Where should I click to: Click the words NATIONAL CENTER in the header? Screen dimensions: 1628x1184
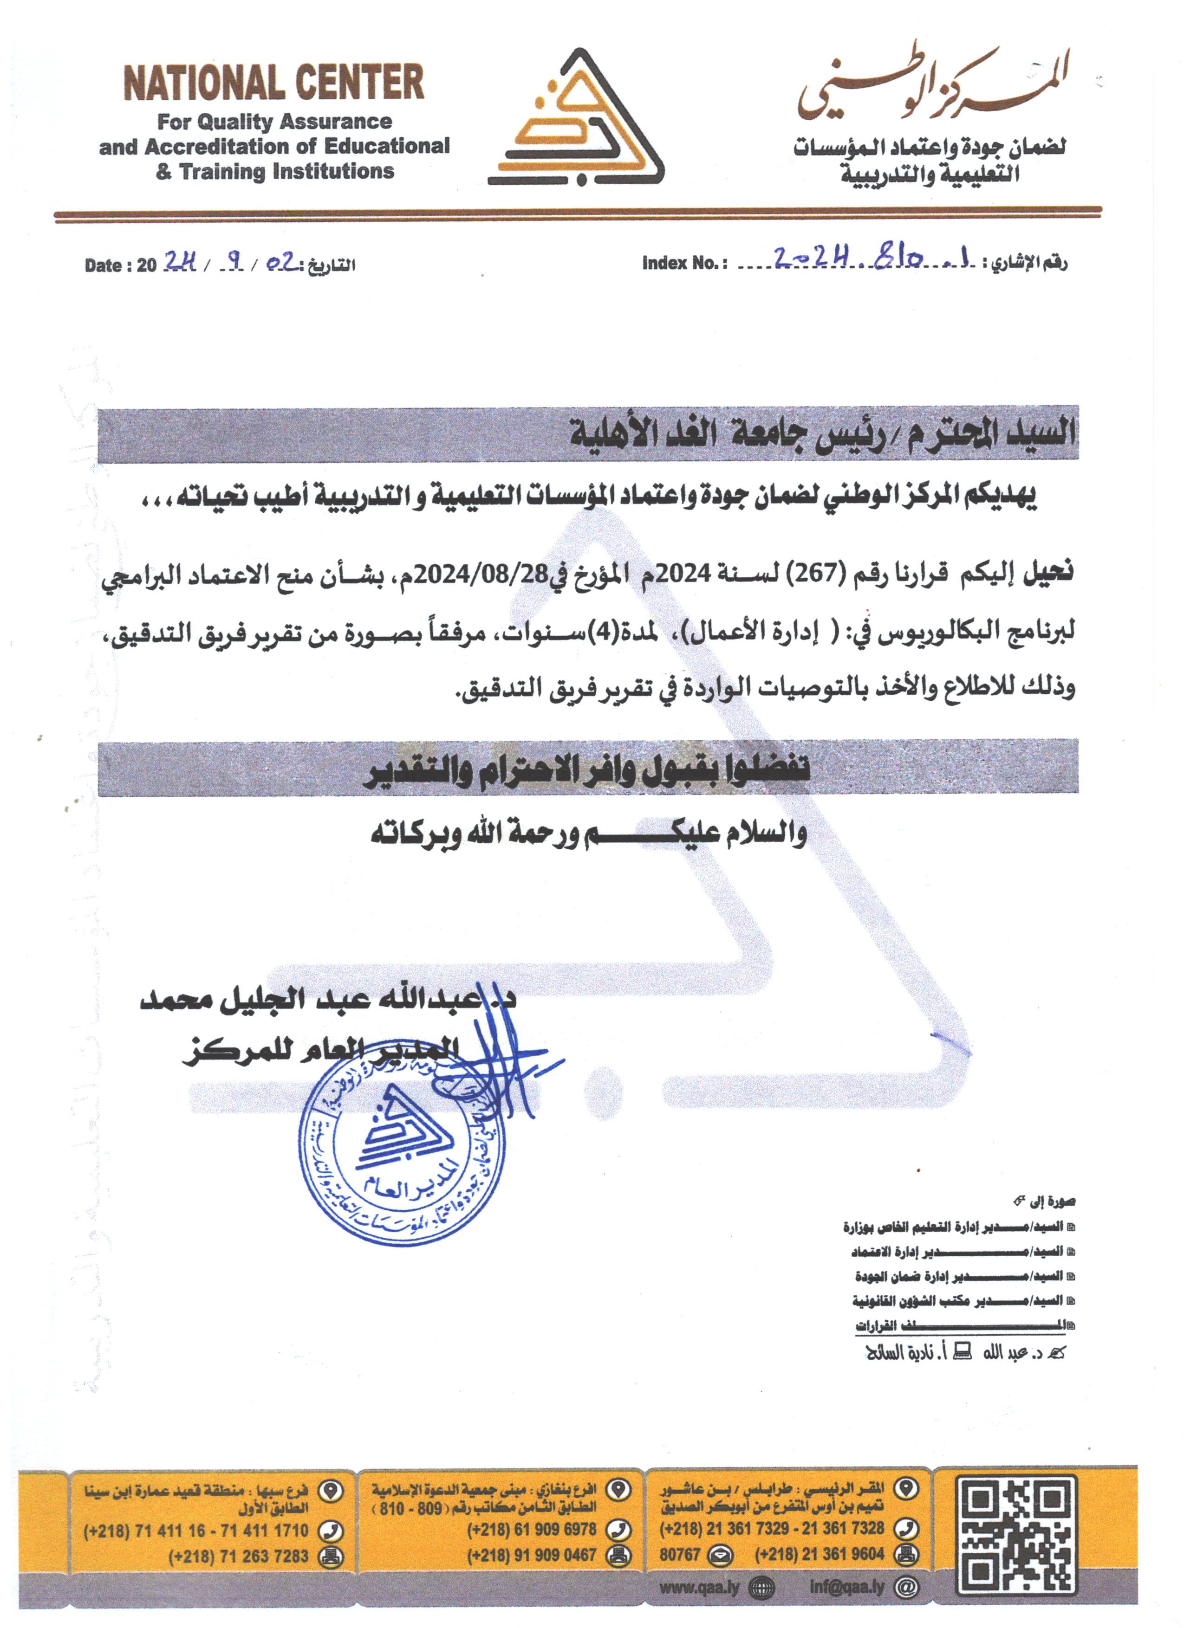point(274,83)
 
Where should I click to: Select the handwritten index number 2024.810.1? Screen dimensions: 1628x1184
point(872,258)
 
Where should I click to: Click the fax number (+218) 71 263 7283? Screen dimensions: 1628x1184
point(238,1556)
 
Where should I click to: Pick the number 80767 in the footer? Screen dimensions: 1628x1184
point(679,1555)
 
